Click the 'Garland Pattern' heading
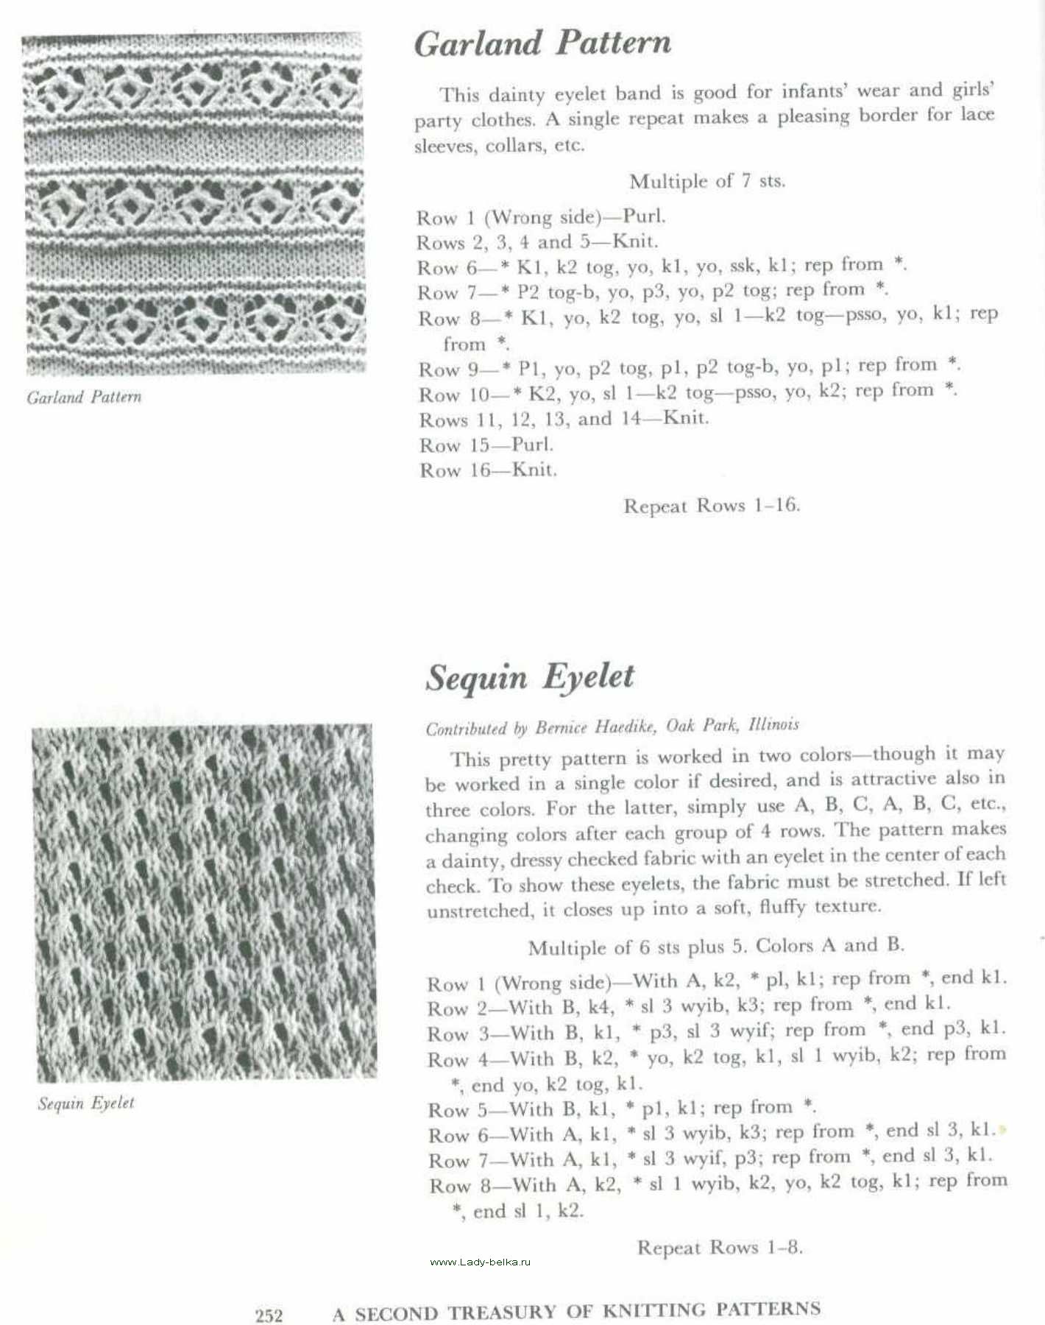[x=542, y=43]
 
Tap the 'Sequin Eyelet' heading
[x=530, y=677]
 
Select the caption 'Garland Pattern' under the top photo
[x=84, y=397]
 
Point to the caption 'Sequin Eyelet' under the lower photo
[x=86, y=1103]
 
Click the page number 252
[x=269, y=1315]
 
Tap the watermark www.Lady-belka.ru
[x=479, y=1262]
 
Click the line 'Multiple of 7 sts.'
[x=706, y=180]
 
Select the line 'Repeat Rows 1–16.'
[x=711, y=506]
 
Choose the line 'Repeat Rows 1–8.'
[x=719, y=1247]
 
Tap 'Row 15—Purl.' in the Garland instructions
[x=486, y=445]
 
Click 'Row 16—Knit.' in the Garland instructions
[x=488, y=470]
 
